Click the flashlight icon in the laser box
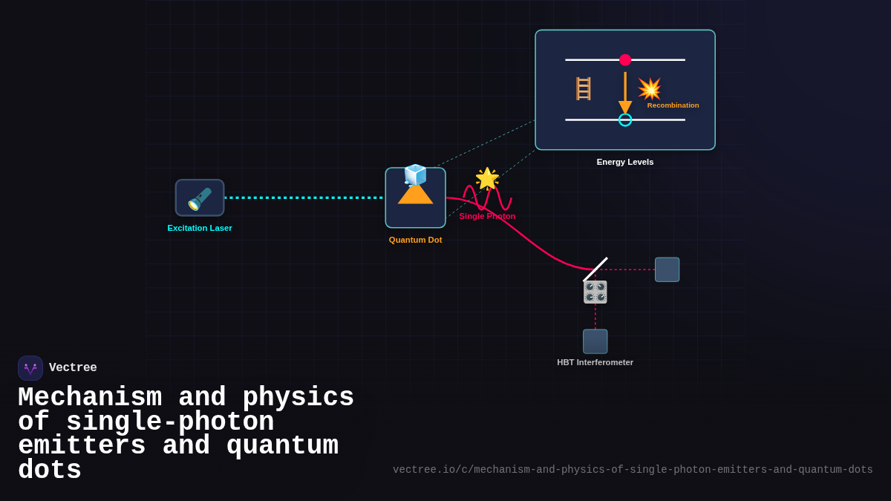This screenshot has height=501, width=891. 200,198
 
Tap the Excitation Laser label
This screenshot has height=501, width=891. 200,228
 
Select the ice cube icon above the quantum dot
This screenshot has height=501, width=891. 415,175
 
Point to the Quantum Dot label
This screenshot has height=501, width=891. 415,240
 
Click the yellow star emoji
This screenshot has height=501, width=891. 487,178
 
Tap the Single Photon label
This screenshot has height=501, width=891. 487,216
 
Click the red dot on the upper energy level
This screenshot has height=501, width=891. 625,60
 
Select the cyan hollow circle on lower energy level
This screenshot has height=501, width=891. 625,119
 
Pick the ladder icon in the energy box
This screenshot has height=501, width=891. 584,88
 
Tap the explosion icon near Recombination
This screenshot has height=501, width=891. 650,88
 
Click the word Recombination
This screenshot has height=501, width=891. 673,105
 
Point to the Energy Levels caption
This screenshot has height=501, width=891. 625,162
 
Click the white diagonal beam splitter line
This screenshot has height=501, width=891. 595,269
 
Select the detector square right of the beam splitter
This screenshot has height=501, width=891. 667,269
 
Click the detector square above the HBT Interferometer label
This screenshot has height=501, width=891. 595,341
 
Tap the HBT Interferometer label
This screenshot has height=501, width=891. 595,362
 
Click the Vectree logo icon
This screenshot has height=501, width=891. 30,368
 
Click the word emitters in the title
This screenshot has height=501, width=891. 82,447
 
